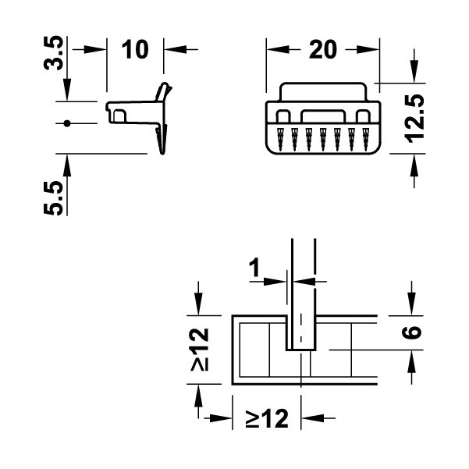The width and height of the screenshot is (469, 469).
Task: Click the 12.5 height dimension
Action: (x=414, y=117)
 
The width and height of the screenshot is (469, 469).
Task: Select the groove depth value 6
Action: (x=414, y=331)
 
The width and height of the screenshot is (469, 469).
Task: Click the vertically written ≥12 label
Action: (x=201, y=349)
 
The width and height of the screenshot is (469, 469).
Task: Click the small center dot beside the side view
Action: (x=68, y=123)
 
